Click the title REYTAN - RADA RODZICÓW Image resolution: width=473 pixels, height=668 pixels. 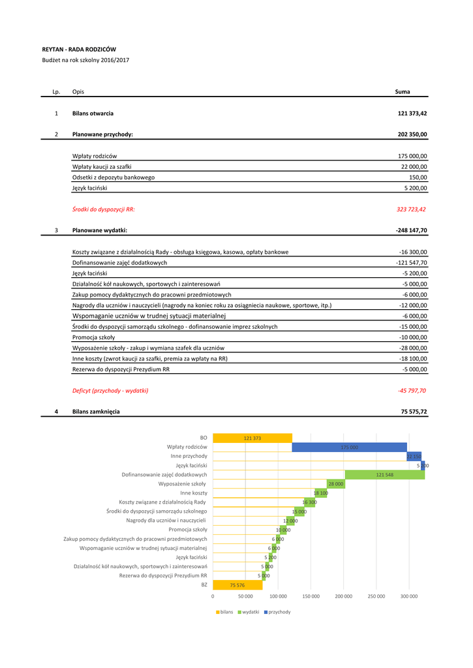point(79,49)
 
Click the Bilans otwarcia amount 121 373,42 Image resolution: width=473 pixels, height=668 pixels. point(412,114)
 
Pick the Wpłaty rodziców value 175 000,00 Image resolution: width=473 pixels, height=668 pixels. point(412,157)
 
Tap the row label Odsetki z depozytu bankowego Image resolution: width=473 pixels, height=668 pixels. point(114,177)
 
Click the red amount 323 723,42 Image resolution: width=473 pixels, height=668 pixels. point(411,209)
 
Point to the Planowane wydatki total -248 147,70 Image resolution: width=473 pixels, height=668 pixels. point(411,230)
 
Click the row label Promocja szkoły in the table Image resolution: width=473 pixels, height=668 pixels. point(93,337)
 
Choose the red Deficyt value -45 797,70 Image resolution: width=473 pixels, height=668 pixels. point(412,390)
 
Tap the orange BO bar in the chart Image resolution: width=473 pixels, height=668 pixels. point(252,438)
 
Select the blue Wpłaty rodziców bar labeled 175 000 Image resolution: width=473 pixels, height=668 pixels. point(350,447)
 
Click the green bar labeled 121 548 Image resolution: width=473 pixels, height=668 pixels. point(384,475)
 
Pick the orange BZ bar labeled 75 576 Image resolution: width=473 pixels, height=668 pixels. point(237,585)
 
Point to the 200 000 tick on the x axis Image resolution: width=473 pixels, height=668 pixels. point(343,596)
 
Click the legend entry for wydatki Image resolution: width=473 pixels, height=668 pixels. point(248,612)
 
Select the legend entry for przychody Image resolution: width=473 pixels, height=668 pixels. point(277,612)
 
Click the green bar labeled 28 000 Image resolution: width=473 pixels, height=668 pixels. point(335,484)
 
